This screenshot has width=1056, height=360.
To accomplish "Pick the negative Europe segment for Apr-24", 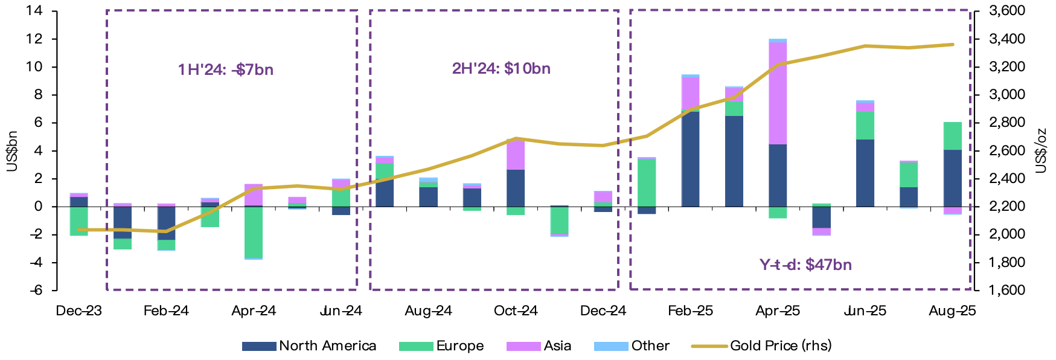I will (254, 232).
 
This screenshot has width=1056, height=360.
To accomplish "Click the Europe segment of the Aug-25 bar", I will (952, 136).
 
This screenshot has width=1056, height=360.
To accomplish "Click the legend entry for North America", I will (309, 346).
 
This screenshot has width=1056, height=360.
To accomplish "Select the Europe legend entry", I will (441, 346).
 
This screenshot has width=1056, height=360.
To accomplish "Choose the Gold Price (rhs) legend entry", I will (761, 346).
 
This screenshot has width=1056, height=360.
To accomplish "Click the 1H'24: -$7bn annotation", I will (226, 70).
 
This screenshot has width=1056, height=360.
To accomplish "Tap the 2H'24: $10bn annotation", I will (501, 69).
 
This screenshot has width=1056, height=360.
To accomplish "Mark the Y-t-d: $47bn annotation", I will (805, 265).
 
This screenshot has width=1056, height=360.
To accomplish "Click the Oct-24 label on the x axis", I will (516, 311).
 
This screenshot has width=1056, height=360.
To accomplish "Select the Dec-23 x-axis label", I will (78, 311).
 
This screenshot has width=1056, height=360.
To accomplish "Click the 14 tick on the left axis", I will (34, 11).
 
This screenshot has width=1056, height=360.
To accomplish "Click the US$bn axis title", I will (12, 151).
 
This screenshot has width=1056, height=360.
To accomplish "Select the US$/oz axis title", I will (1041, 151).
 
